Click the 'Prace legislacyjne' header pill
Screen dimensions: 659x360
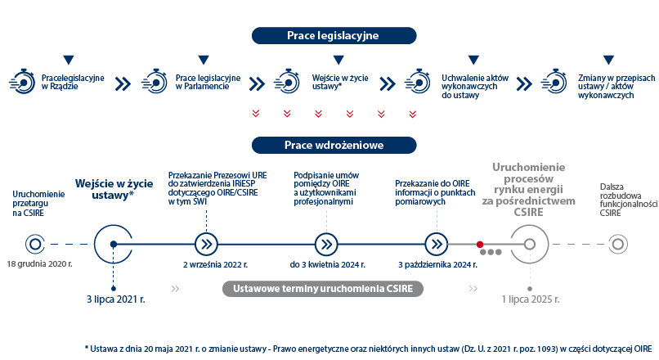click(334, 36)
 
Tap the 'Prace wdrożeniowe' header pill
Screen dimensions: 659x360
click(334, 145)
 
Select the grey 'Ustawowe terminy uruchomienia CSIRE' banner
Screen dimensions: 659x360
click(323, 289)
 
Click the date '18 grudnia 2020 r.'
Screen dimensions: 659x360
click(39, 264)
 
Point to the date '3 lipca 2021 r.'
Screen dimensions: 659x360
click(116, 299)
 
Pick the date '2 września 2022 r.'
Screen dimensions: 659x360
click(215, 264)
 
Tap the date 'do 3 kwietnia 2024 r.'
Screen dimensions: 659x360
click(327, 264)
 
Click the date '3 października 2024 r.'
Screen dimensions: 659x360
click(438, 264)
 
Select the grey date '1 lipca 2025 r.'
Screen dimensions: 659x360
click(531, 299)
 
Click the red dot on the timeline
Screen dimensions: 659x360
click(480, 245)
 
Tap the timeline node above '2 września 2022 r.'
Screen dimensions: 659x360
click(206, 245)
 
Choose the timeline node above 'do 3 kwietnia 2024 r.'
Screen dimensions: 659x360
click(326, 245)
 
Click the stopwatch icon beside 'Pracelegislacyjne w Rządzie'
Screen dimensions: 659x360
click(22, 81)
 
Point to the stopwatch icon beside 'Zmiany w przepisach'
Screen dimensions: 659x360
click(554, 81)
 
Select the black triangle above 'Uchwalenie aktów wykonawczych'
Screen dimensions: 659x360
click(473, 60)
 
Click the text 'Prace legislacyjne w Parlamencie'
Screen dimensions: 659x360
click(208, 82)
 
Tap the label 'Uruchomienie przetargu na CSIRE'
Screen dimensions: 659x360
click(38, 204)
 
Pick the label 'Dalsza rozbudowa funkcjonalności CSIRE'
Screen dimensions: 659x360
click(629, 200)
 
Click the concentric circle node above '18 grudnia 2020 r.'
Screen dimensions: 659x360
click(35, 245)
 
